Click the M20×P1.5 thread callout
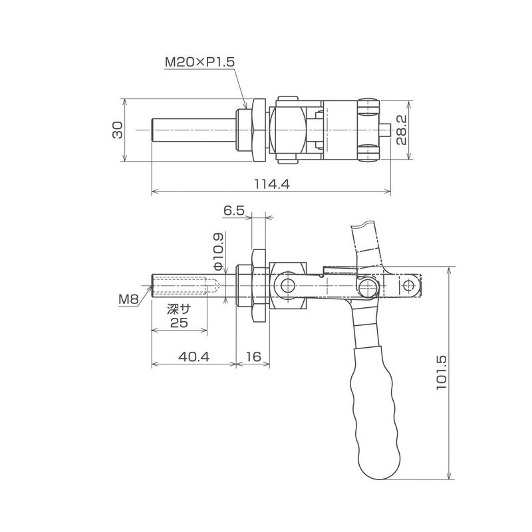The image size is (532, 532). [199, 62]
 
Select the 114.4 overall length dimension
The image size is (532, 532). [272, 184]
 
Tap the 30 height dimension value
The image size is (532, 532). [118, 130]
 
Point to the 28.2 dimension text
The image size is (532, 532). [402, 130]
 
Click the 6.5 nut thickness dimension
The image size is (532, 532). [234, 211]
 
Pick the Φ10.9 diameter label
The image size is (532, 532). [219, 251]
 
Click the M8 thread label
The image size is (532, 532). [128, 299]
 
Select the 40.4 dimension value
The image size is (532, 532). [194, 356]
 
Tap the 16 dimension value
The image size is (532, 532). [253, 356]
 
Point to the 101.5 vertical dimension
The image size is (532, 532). [442, 372]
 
